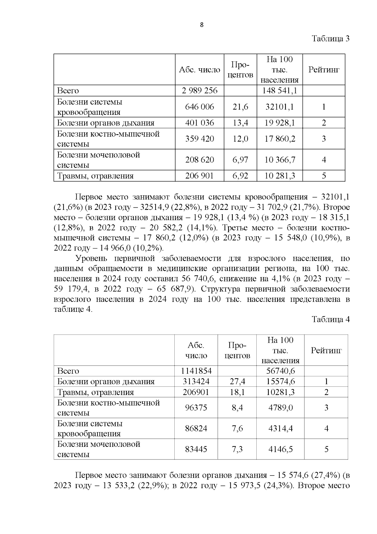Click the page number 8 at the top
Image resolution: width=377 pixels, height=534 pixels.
coord(202,25)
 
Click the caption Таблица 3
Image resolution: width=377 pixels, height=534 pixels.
coord(331,39)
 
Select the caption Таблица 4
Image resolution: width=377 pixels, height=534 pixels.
coord(331,319)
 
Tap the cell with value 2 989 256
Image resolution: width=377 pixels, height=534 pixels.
coord(199,91)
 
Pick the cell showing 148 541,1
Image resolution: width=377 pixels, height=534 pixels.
coord(280,91)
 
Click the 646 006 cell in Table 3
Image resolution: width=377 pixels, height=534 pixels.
coord(199,107)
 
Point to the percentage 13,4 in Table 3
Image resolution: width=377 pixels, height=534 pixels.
coord(240,123)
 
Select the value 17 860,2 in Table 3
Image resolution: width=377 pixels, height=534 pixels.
coord(280,139)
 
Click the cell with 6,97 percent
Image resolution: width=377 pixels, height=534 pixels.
coord(240,160)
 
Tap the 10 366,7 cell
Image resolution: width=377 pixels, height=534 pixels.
coord(280,160)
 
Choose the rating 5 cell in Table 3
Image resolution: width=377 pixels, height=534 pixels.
coord(324,176)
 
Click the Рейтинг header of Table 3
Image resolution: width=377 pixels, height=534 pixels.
coord(324,70)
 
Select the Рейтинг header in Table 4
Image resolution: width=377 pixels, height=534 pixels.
coord(326,350)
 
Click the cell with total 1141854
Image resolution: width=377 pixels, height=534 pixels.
coord(196,371)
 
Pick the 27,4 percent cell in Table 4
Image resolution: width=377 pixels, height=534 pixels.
coord(237,382)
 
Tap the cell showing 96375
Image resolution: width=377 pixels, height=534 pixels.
coord(196,408)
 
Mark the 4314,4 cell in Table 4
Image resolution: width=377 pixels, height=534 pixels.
coord(280,429)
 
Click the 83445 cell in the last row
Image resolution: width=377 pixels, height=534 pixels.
coord(196,449)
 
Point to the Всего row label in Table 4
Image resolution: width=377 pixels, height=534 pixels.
coord(68,371)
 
